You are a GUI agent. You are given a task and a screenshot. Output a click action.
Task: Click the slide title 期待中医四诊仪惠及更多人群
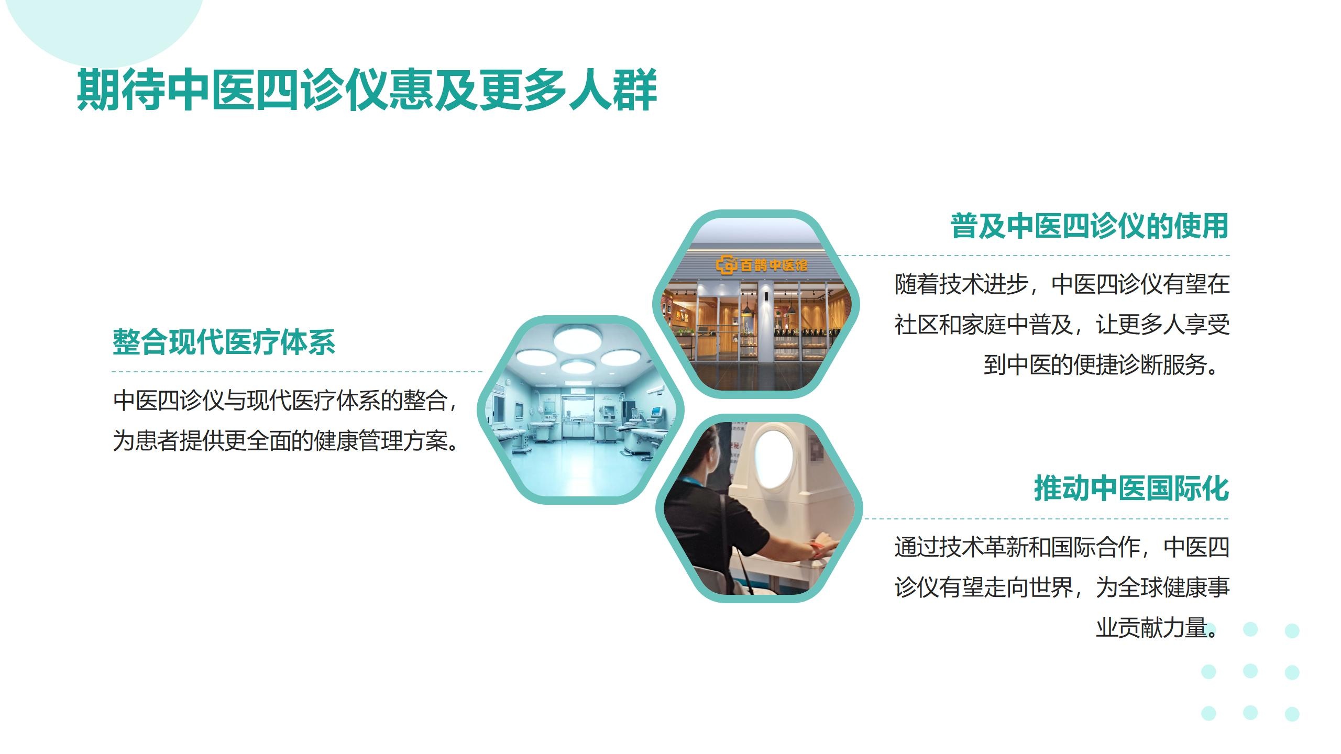pos(367,90)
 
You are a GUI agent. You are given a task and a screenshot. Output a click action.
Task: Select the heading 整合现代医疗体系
pos(224,342)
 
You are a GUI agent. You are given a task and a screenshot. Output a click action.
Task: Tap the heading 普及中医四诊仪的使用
pos(1090,226)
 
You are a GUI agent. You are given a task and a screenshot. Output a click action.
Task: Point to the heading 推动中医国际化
pos(1131,489)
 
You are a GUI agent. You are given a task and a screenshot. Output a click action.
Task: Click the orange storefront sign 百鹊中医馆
pos(762,265)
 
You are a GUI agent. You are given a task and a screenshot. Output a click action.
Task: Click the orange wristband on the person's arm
pos(816,550)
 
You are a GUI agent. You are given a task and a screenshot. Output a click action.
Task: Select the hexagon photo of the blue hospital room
pos(580,410)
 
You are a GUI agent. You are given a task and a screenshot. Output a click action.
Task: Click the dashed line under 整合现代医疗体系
pos(297,372)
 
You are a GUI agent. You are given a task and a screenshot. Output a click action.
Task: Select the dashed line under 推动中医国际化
pos(1046,519)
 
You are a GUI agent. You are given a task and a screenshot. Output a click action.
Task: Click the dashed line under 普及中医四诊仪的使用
pos(1033,256)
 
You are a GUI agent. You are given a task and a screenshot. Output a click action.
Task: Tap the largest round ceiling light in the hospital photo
pos(578,339)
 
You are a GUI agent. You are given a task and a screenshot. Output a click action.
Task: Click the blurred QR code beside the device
pos(816,449)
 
